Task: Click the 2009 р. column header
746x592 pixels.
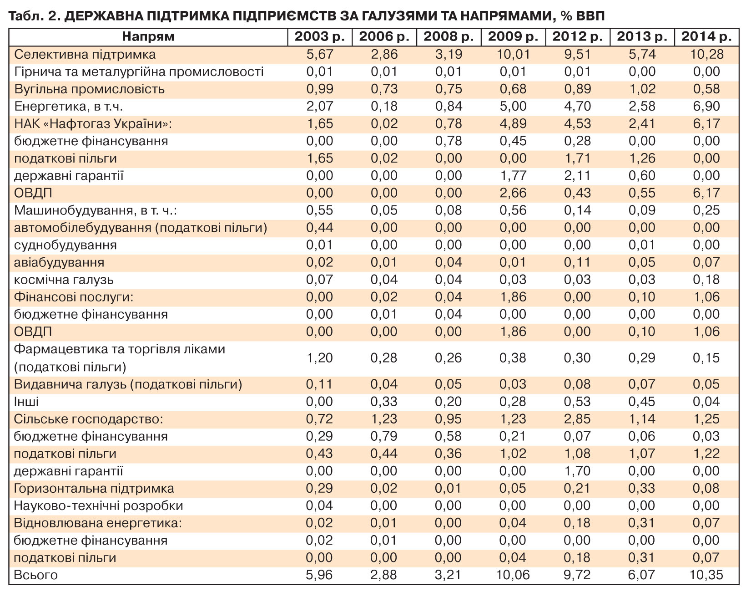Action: click(513, 37)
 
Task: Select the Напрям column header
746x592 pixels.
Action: click(148, 37)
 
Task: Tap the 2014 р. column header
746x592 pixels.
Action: click(706, 37)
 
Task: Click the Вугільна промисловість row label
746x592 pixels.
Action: click(89, 89)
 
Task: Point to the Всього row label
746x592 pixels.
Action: click(36, 575)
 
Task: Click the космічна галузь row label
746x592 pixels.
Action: click(64, 280)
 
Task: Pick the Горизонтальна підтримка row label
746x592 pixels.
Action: click(94, 488)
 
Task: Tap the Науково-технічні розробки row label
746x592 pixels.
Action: click(99, 505)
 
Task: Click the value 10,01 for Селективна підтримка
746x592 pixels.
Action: click(513, 54)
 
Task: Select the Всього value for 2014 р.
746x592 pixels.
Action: click(706, 575)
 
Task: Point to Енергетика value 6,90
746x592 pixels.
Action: click(706, 106)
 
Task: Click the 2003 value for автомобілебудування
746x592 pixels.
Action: click(320, 227)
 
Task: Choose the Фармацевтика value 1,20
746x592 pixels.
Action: click(320, 357)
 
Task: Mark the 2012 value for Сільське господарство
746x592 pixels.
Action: click(577, 418)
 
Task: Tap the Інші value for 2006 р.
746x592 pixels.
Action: click(384, 401)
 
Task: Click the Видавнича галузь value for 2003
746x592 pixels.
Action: click(320, 384)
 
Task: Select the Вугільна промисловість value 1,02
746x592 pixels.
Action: click(642, 89)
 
